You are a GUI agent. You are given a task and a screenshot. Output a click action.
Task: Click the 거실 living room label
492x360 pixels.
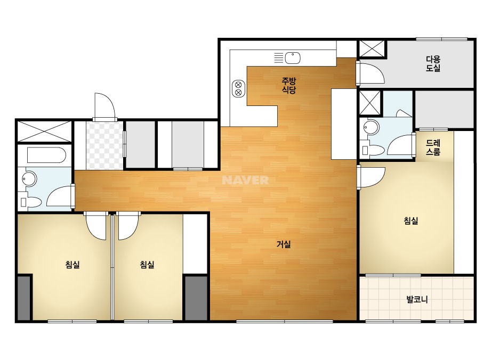tap(284, 244)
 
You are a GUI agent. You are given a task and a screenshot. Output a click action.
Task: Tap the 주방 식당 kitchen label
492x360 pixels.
tap(289, 86)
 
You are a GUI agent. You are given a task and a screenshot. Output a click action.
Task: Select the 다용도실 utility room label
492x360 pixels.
tap(433, 64)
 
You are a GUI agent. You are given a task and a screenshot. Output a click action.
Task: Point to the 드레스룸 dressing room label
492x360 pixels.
tap(433, 148)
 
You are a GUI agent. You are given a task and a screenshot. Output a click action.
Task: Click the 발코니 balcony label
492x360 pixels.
tap(417, 299)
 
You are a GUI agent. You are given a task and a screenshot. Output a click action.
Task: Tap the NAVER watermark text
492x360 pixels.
tap(245, 180)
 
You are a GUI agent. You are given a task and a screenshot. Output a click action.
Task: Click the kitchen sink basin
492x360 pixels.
tap(293, 58)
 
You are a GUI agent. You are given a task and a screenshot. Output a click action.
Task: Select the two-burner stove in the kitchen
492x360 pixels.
tap(238, 88)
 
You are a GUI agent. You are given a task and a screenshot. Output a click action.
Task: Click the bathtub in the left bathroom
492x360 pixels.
tap(46, 155)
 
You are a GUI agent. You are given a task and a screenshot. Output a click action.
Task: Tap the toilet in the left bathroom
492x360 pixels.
tap(30, 202)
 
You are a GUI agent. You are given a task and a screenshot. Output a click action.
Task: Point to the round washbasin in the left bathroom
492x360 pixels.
tap(29, 179)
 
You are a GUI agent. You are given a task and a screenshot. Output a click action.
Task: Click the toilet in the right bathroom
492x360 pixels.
tap(373, 150)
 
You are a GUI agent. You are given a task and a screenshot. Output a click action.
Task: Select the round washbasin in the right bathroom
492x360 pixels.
tap(371, 127)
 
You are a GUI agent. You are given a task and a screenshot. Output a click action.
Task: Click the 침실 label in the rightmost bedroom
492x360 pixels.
tap(411, 221)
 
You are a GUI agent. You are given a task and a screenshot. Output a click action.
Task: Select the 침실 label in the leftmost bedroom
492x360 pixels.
tap(72, 265)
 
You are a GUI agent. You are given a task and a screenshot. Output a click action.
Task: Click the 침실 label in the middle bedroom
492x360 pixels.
tap(147, 265)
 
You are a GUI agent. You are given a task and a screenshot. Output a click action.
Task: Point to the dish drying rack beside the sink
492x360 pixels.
tap(279, 58)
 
